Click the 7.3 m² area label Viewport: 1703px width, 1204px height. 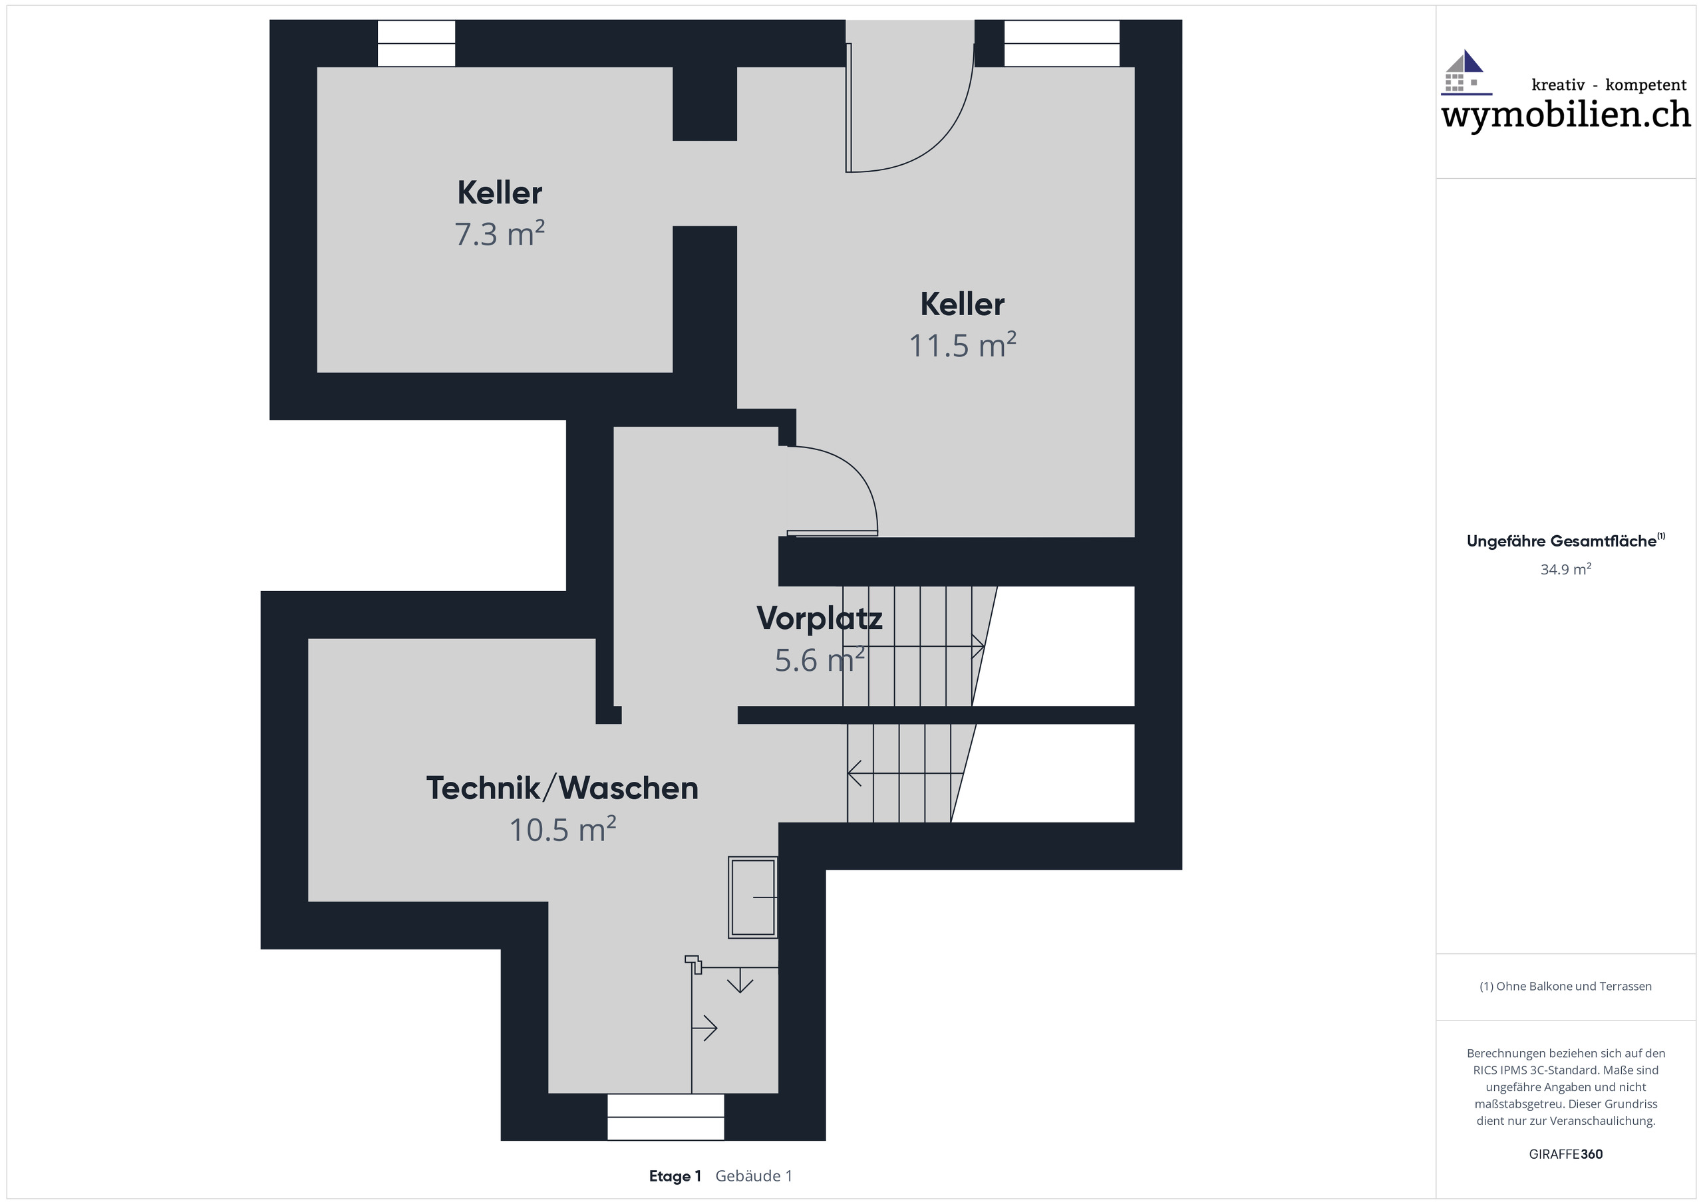coord(499,234)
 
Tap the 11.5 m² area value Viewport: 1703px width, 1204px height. coord(962,346)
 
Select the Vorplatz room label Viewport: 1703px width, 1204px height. coord(819,618)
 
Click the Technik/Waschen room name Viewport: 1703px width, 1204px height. coord(561,788)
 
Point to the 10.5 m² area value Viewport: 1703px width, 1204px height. coord(561,830)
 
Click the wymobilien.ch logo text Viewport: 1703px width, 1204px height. coord(1565,115)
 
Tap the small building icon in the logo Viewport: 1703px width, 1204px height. coord(1465,72)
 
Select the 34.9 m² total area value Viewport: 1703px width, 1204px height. coord(1565,569)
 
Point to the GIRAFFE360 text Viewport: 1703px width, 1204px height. coord(1565,1153)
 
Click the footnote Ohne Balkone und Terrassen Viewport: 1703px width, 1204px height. coord(1565,986)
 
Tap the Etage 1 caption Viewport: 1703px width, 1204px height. coord(675,1176)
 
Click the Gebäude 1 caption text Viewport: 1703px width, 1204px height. coord(754,1176)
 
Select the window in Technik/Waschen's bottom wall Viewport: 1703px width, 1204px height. coord(665,1116)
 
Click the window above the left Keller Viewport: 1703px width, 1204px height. coord(416,44)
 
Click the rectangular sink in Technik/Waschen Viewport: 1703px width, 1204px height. coord(752,897)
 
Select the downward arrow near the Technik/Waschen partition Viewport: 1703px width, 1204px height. coord(740,983)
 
